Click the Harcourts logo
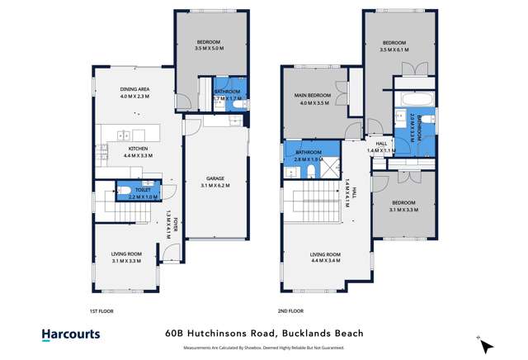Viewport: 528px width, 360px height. (71, 334)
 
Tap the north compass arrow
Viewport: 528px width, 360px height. (486, 345)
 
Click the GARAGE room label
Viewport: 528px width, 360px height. (214, 178)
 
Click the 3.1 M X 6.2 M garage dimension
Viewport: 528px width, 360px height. (214, 186)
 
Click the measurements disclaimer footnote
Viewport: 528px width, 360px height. (264, 348)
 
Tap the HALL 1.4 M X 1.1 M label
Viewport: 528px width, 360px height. (382, 146)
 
